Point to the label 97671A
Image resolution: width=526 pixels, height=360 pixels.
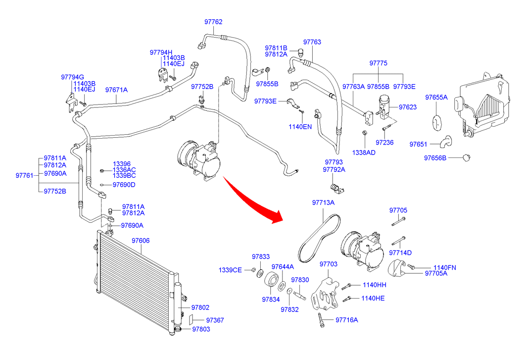pos(116,90)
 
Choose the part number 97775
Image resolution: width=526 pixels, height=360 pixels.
pos(379,63)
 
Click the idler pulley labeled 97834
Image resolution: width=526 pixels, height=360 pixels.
pos(271,280)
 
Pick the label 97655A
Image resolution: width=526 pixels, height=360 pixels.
pos(436,97)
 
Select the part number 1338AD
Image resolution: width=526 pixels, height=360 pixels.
pos(364,152)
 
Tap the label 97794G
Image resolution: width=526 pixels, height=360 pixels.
pos(73,77)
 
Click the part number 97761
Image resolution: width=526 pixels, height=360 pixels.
pos(24,175)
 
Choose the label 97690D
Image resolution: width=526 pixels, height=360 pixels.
pos(124,185)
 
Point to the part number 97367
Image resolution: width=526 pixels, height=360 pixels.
pos(215,320)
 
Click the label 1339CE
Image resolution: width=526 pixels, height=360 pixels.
pos(231,270)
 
